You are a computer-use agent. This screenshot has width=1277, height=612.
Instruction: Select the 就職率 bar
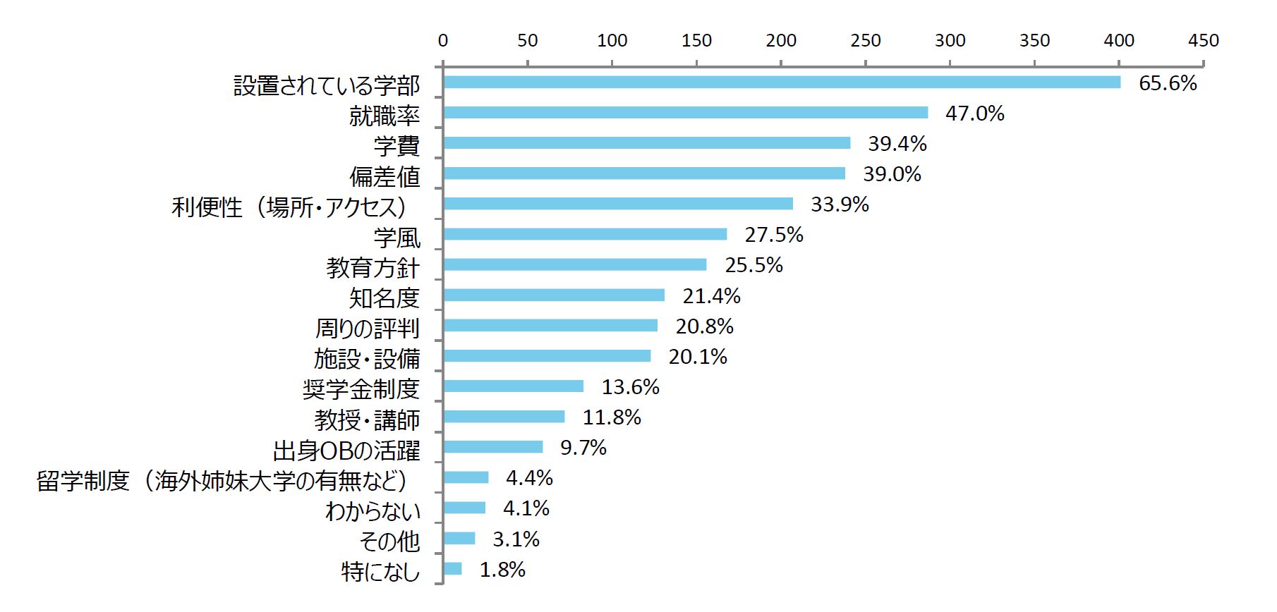coord(685,113)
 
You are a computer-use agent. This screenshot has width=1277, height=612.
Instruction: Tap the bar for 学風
coord(585,234)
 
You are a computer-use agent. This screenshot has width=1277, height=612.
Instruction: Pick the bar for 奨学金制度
coord(513,386)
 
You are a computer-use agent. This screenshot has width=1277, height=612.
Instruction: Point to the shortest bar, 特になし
coord(452,569)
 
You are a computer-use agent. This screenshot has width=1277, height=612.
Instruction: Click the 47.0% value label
coord(974,114)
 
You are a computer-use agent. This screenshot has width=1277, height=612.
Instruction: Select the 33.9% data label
coord(840,204)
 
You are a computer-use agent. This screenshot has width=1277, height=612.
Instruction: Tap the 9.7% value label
coord(583,448)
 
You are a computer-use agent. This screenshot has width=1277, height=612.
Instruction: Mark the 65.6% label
coord(1168,83)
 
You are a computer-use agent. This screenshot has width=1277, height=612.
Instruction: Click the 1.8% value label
coord(502,570)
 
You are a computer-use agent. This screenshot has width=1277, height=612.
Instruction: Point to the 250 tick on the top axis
coord(866,41)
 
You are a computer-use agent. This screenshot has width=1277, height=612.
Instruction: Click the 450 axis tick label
coord(1204,41)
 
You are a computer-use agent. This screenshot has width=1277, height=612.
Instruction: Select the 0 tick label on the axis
coord(443,41)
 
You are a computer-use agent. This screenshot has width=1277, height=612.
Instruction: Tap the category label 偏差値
coord(385,176)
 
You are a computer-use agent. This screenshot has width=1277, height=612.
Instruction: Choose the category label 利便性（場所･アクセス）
coord(290,207)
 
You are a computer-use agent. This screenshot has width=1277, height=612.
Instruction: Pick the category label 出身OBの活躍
coord(346,451)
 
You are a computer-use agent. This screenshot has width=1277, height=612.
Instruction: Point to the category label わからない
coord(373,511)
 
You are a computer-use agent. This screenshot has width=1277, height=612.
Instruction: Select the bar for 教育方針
coord(575,264)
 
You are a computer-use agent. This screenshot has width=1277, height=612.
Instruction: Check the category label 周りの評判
coord(367,329)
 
